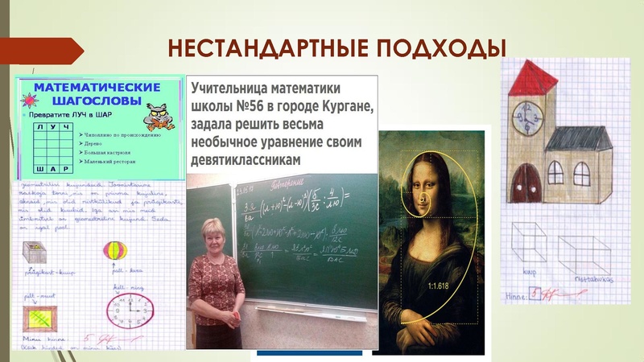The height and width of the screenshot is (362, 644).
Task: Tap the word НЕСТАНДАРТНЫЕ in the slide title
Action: (x=259, y=47)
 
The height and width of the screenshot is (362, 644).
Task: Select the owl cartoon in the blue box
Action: (x=157, y=114)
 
